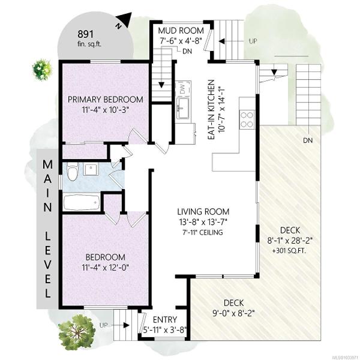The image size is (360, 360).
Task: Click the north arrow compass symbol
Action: pos(124,20)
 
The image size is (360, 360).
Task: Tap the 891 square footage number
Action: pos(86,34)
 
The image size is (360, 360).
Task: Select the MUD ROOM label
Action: pos(181,31)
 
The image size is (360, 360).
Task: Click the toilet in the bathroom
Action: pos(73,171)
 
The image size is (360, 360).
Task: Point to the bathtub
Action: pos(82,202)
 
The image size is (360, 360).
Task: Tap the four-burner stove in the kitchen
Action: pos(247,119)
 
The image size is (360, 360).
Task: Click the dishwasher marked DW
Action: pos(183,89)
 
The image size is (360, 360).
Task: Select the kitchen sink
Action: pos(183,108)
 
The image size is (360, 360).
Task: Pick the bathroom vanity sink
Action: pos(91,169)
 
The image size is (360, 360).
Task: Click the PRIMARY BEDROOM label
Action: pos(106,100)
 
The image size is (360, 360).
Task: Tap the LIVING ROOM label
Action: pos(203,211)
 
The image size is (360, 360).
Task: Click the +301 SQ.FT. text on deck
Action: pos(289,251)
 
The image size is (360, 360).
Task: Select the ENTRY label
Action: pos(165,320)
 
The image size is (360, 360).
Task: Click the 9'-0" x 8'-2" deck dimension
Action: pos(233,313)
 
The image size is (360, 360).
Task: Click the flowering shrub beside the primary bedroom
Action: pos(42,70)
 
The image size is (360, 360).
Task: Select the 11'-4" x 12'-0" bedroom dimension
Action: pos(106,268)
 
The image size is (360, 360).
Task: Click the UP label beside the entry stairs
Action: pos(103,325)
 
